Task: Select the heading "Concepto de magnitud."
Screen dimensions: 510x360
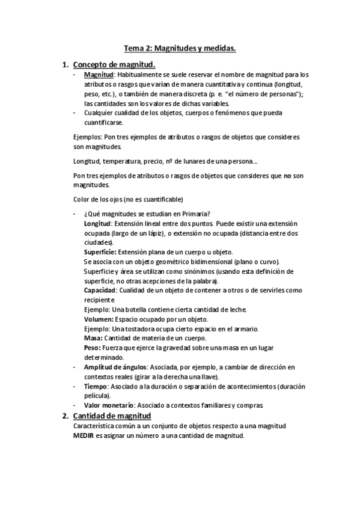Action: tap(114, 64)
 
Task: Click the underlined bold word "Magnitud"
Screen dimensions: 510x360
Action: tap(99, 75)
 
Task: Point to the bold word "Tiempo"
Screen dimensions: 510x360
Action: tap(96, 386)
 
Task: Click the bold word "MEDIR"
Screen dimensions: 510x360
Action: tap(84, 435)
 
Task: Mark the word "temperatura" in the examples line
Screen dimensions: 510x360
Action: tap(123, 161)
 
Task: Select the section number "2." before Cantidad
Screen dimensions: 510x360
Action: tap(66, 416)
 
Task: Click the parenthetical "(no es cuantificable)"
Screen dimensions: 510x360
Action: tap(151, 199)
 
